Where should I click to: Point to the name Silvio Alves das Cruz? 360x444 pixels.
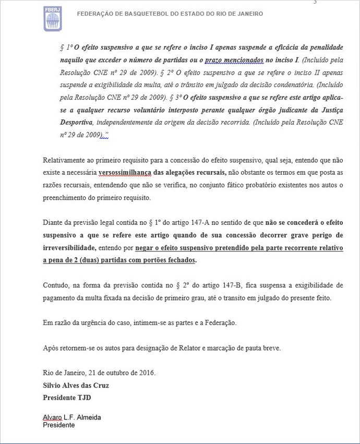[x=76, y=386]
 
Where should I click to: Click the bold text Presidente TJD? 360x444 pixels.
[x=66, y=397]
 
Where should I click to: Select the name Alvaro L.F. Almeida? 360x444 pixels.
[x=72, y=417]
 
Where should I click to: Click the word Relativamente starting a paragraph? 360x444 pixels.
[x=64, y=161]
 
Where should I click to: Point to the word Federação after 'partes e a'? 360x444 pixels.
[x=219, y=323]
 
